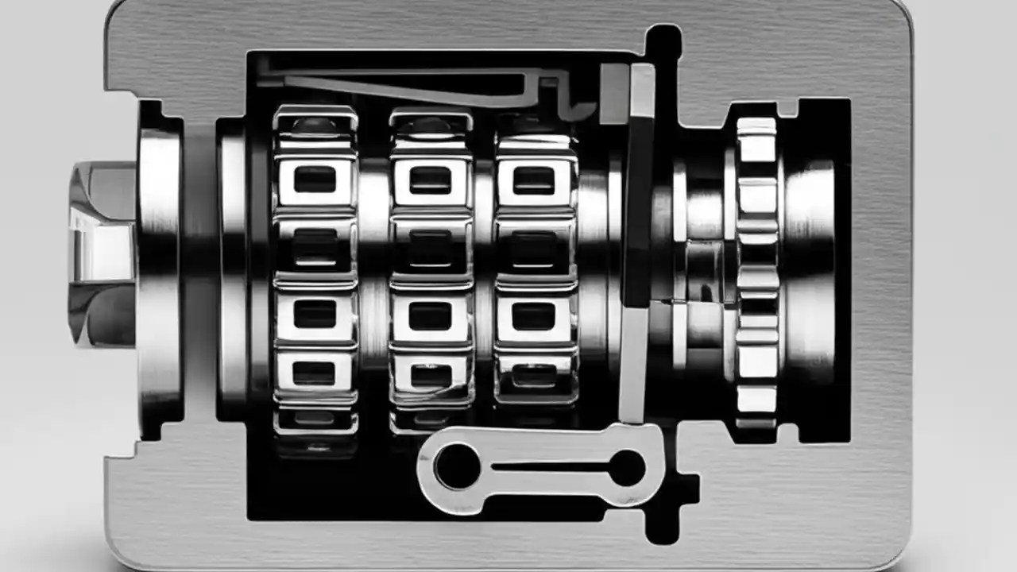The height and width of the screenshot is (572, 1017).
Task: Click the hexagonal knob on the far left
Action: coord(102,254)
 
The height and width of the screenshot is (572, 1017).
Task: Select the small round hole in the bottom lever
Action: coord(627,467)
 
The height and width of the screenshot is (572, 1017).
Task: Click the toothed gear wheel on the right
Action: coord(756,266)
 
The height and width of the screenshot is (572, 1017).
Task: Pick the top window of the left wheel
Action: coord(315,180)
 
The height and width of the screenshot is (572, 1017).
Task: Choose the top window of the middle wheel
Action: coord(430,180)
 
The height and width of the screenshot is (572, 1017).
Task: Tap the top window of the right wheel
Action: coord(534,180)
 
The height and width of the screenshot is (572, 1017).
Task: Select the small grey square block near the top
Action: coord(613,94)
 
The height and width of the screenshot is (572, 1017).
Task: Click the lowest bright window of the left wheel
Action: coord(315,373)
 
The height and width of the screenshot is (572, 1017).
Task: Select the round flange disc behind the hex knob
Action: coord(160,270)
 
